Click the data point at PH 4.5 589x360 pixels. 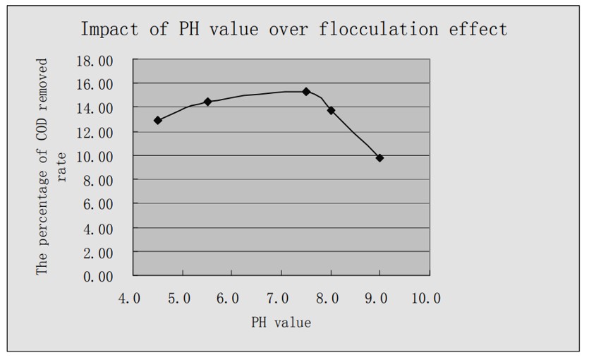point(158,121)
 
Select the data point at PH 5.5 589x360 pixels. point(207,102)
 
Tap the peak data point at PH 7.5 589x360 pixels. point(306,92)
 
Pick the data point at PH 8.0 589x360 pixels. point(331,110)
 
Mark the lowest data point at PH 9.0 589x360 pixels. point(379,158)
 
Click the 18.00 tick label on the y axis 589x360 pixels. point(95,61)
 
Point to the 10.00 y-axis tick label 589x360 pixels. point(95,156)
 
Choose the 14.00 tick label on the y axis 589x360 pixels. point(95,108)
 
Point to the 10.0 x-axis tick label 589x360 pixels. point(425,299)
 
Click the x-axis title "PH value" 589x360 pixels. point(281,323)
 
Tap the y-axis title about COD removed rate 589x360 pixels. point(51,176)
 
